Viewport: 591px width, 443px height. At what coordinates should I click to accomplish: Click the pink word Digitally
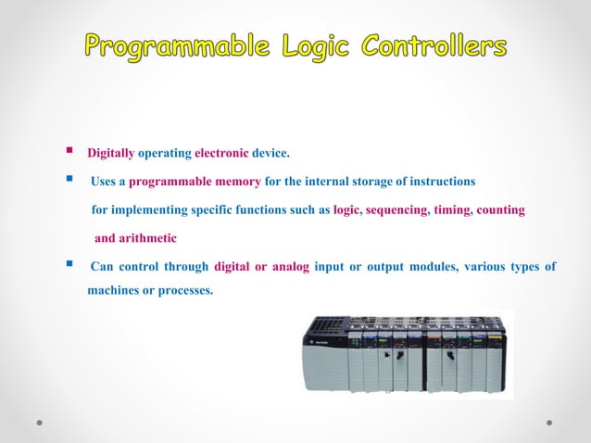click(110, 153)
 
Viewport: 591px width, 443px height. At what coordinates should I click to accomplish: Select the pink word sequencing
click(396, 210)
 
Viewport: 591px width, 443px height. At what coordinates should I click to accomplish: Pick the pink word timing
click(452, 210)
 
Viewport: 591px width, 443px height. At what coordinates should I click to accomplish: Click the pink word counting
click(501, 210)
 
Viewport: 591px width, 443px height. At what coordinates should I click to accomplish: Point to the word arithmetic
click(148, 239)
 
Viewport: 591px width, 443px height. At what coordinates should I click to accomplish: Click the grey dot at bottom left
click(40, 422)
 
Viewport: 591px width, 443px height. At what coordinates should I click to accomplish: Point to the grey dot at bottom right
click(549, 422)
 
